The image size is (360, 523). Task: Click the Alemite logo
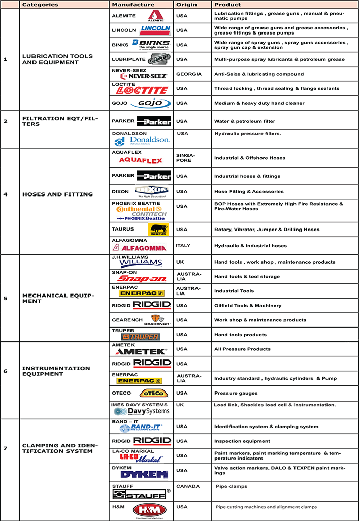[156, 16]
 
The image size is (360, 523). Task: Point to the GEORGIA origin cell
[189, 74]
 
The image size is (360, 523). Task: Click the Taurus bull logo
[158, 230]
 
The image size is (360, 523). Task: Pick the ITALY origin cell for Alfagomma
[183, 245]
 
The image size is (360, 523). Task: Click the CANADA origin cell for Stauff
[188, 486]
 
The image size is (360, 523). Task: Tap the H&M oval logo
[149, 510]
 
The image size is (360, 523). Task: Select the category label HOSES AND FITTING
[57, 194]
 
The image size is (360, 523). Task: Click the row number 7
[5, 448]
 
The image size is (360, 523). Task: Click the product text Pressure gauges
[236, 393]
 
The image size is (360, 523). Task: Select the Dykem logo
[144, 475]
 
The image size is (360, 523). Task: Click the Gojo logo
[150, 103]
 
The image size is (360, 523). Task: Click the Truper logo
[141, 337]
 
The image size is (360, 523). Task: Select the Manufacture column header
[133, 4]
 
